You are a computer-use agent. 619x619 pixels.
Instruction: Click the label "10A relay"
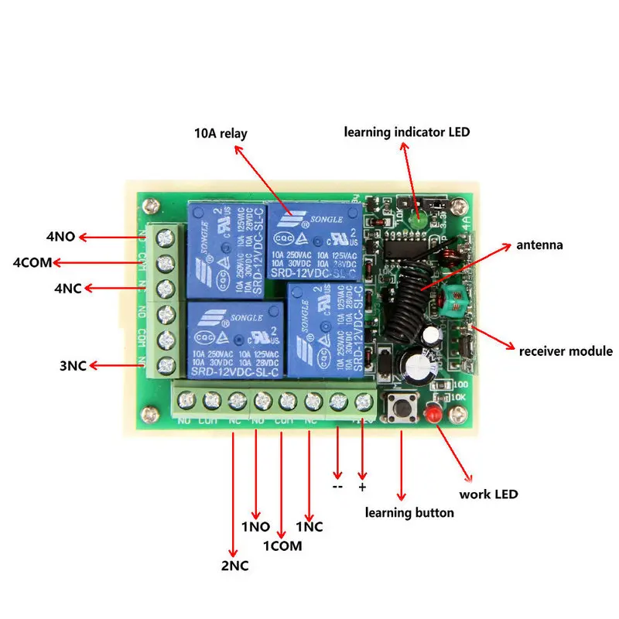click(221, 134)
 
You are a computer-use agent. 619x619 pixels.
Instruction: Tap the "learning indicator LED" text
click(407, 132)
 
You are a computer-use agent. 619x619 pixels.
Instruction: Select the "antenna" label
click(540, 246)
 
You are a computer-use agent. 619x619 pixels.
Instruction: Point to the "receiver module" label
click(566, 351)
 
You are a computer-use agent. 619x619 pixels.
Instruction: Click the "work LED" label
click(488, 494)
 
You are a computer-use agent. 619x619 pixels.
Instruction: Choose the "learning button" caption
click(409, 512)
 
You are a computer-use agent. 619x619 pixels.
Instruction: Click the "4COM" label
click(32, 263)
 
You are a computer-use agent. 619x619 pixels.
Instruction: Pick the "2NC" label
click(235, 566)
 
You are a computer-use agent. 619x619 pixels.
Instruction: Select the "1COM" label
click(282, 545)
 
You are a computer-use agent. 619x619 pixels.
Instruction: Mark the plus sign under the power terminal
click(362, 487)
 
